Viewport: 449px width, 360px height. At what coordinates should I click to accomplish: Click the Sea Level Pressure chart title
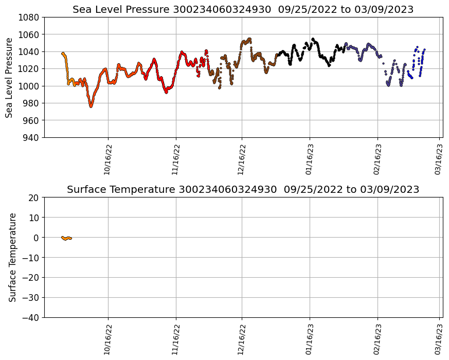pyautogui.click(x=243, y=9)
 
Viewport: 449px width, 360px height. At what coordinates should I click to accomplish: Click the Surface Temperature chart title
pyautogui.click(x=243, y=189)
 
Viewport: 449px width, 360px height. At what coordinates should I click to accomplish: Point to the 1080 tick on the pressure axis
pyautogui.click(x=30, y=17)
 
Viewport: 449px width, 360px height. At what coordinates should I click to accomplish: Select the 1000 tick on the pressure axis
pyautogui.click(x=30, y=86)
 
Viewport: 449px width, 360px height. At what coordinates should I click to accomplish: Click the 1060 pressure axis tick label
pyautogui.click(x=30, y=34)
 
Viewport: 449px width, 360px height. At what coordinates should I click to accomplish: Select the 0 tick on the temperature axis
pyautogui.click(x=37, y=238)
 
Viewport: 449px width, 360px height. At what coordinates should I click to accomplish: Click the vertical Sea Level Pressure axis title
pyautogui.click(x=9, y=77)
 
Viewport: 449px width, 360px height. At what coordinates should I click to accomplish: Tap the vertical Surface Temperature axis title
pyautogui.click(x=12, y=257)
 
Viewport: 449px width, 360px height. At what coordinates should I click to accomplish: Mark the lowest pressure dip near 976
pyautogui.click(x=91, y=106)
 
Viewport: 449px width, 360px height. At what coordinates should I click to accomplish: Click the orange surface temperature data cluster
pyautogui.click(x=66, y=238)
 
